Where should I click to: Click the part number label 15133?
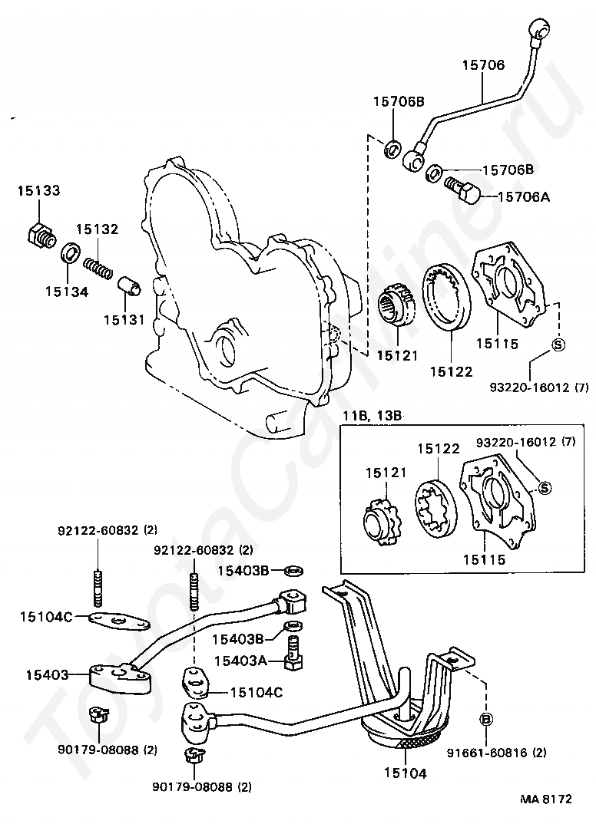(39, 190)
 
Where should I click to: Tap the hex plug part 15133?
(41, 236)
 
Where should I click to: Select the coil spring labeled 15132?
(98, 265)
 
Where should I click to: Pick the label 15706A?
(524, 197)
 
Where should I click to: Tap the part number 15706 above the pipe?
(483, 64)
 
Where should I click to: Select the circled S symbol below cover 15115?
(558, 344)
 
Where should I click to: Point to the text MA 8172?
(547, 799)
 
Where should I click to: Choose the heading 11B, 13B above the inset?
(372, 416)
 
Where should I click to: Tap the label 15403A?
(240, 661)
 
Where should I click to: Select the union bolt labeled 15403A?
(293, 652)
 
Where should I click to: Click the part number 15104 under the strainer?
(405, 773)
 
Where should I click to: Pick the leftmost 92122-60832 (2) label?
(108, 529)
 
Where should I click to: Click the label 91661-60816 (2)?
(497, 753)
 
